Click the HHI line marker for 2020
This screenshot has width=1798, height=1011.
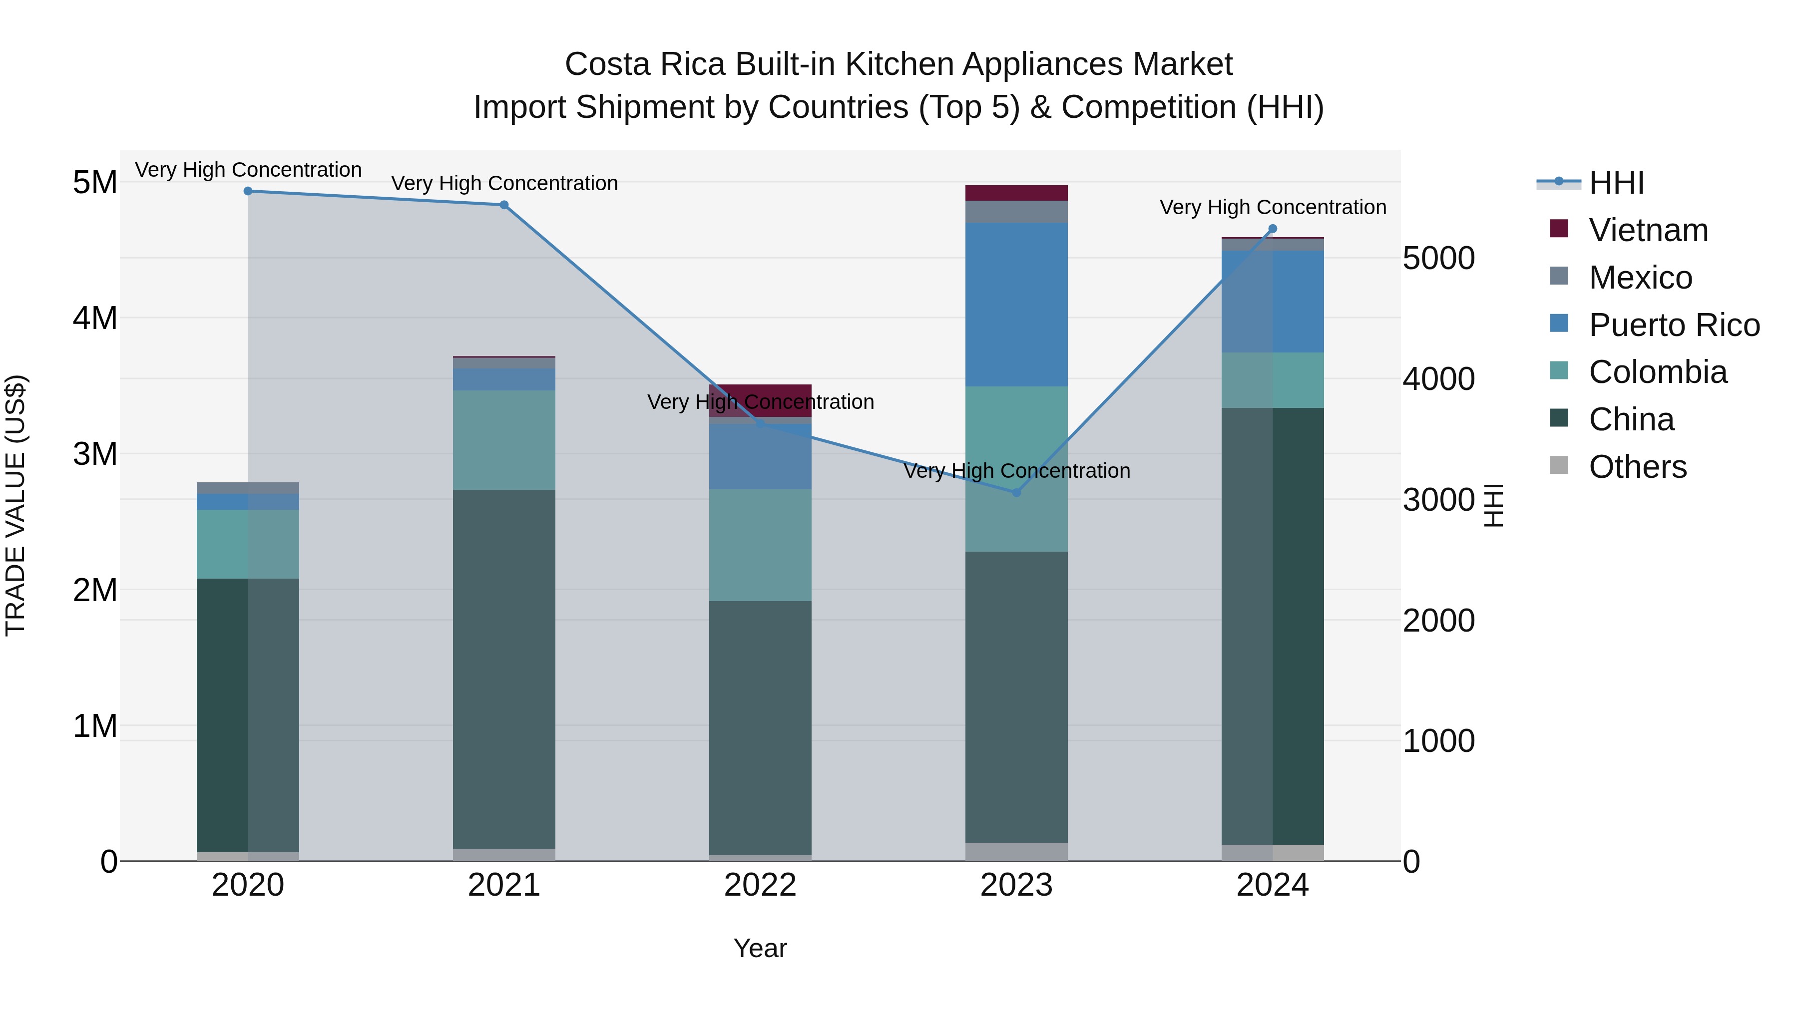[x=248, y=191]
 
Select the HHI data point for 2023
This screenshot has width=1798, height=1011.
[x=1016, y=493]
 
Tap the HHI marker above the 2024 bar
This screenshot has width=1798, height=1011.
[x=1273, y=229]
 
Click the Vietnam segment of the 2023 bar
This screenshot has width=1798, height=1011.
[x=1016, y=193]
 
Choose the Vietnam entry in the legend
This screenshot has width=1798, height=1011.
[x=1648, y=230]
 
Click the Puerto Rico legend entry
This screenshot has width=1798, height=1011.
[x=1674, y=325]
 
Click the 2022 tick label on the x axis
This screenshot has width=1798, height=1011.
[x=760, y=885]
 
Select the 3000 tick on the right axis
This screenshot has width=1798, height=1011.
[x=1438, y=500]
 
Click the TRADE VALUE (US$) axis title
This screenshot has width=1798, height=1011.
[x=15, y=505]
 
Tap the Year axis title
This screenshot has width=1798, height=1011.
[x=760, y=948]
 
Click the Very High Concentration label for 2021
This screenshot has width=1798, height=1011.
[x=504, y=184]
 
